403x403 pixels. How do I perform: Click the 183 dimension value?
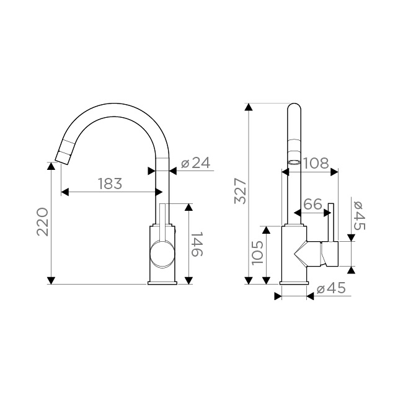pyautogui.click(x=110, y=184)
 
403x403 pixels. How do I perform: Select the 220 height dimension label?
pyautogui.click(x=42, y=222)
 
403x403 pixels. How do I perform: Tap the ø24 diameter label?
pyautogui.click(x=195, y=162)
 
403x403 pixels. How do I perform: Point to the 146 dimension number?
pyautogui.click(x=197, y=244)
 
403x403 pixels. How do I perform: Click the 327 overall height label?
pyautogui.click(x=241, y=191)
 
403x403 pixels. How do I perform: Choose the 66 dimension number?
pyautogui.click(x=312, y=204)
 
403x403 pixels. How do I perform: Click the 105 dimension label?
pyautogui.click(x=257, y=253)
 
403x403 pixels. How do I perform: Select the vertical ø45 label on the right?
pyautogui.click(x=360, y=215)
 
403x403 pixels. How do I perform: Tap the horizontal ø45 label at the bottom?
pyautogui.click(x=331, y=288)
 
